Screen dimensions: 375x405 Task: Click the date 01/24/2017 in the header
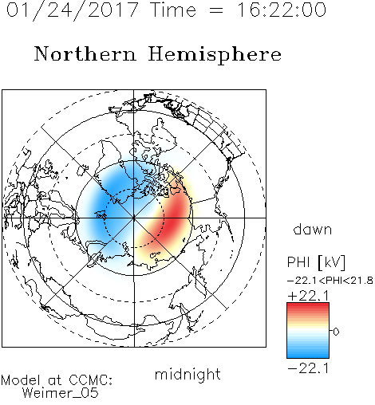point(73,10)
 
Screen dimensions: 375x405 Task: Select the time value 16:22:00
point(282,10)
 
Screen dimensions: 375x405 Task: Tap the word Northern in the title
point(85,54)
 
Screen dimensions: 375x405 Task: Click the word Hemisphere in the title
point(215,54)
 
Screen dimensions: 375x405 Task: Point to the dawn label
point(313,229)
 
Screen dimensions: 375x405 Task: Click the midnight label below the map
point(187,375)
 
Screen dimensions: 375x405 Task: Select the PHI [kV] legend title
point(316,262)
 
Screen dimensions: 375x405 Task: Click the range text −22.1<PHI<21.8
point(330,281)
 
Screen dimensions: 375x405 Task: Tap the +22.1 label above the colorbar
point(308,296)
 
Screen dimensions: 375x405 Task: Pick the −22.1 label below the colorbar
point(308,368)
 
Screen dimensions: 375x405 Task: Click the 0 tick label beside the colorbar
point(336,332)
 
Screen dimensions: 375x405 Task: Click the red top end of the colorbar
point(308,305)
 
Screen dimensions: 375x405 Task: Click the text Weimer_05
point(61,393)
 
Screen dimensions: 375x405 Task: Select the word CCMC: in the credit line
point(90,380)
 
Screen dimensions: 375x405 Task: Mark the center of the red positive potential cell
point(174,217)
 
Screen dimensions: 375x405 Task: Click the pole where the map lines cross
point(134,218)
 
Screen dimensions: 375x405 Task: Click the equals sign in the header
point(216,11)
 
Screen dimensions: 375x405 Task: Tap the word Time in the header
point(173,10)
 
